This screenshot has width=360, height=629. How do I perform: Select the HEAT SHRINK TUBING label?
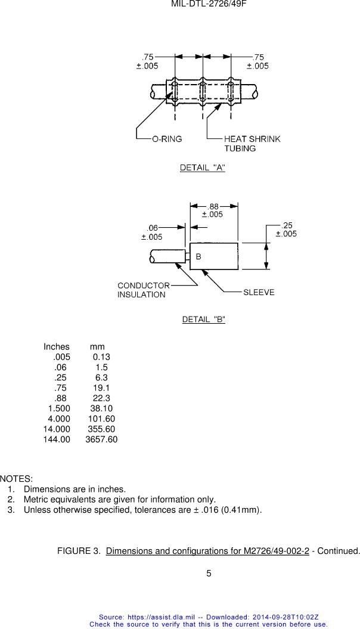point(252,144)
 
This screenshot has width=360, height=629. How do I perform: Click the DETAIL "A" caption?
point(203,168)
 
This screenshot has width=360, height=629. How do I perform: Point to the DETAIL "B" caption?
point(203,320)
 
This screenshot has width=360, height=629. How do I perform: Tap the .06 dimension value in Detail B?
point(153,228)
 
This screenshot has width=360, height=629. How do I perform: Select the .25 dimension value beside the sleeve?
point(287,225)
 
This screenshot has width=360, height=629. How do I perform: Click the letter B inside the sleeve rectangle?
point(198,257)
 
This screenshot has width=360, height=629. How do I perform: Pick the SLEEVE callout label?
point(259,293)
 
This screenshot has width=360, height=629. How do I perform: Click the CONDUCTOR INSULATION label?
point(143,290)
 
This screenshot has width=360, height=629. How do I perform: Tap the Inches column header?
point(57,347)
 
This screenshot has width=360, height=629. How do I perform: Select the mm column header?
point(97,347)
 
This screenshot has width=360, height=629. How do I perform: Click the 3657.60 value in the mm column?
point(101,439)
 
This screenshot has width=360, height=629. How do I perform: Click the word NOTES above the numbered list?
point(16,479)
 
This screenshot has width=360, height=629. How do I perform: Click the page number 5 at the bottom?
point(209,574)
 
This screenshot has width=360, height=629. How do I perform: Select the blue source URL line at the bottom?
point(209,618)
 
